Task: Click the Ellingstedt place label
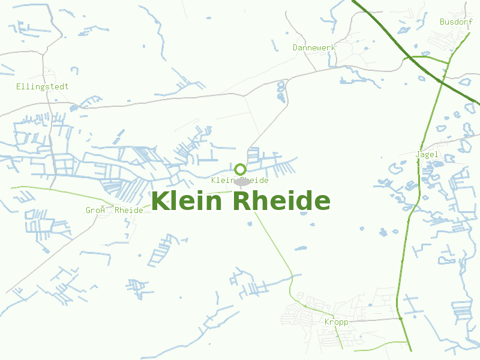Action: pyautogui.click(x=42, y=86)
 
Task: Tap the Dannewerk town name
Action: pyautogui.click(x=314, y=47)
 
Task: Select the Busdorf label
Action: pyautogui.click(x=452, y=22)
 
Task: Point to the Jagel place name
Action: pyautogui.click(x=427, y=154)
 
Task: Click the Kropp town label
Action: pyautogui.click(x=336, y=322)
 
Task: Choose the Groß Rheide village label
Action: pyautogui.click(x=114, y=210)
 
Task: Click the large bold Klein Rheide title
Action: pyautogui.click(x=241, y=201)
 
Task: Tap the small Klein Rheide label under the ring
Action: pyautogui.click(x=240, y=180)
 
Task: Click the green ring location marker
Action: pyautogui.click(x=240, y=169)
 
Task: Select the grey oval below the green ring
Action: pyautogui.click(x=242, y=182)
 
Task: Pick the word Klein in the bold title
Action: pyautogui.click(x=188, y=201)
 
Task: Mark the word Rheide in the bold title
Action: pyautogui.click(x=281, y=201)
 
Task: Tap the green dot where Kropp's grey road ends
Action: pyautogui.click(x=401, y=319)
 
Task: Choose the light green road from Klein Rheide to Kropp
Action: pyautogui.click(x=276, y=246)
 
